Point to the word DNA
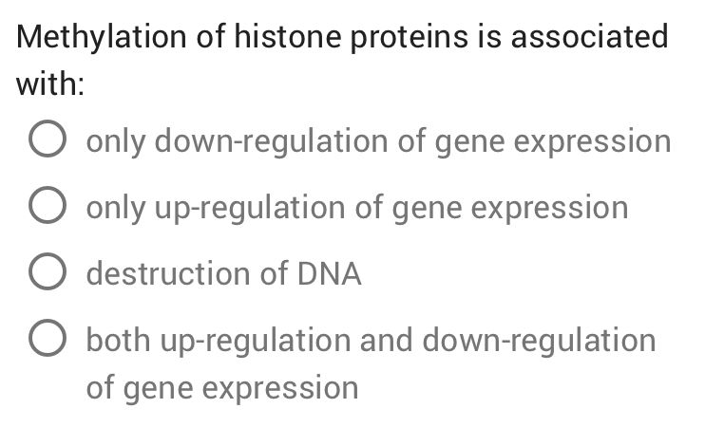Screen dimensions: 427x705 click(x=330, y=274)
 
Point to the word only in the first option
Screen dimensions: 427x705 click(x=117, y=141)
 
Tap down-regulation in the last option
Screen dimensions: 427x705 click(x=539, y=341)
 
